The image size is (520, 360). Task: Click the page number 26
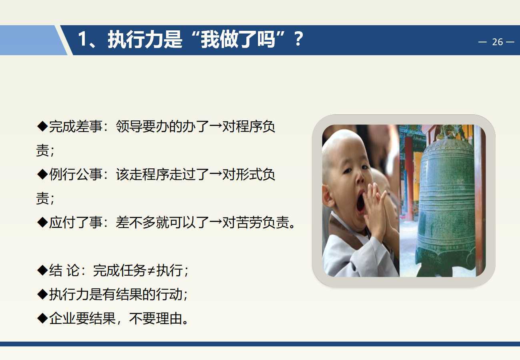(497, 42)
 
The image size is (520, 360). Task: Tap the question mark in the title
(298, 39)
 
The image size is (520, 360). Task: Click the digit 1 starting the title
(82, 39)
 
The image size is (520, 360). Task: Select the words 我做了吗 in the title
(238, 40)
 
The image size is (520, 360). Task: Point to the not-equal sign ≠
(151, 271)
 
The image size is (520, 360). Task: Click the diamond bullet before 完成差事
(42, 126)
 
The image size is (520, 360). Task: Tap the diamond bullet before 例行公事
(42, 174)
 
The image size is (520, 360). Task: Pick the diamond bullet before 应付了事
(42, 222)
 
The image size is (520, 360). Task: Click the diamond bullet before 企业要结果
(42, 318)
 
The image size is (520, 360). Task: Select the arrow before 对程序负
(216, 126)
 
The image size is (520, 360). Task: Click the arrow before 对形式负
(216, 174)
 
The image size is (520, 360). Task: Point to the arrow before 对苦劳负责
(216, 222)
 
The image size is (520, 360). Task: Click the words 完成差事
(76, 126)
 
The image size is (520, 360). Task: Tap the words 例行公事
(76, 174)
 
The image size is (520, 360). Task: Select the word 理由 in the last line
(169, 318)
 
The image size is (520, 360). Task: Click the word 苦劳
(249, 222)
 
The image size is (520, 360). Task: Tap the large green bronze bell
(444, 204)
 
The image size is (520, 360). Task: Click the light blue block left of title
(30, 40)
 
